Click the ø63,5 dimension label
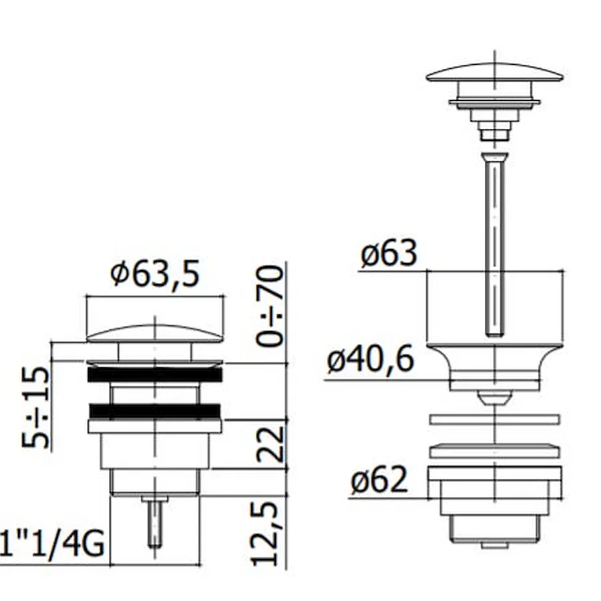pos(155,274)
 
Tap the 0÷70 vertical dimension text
pos(270,307)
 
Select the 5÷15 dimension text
pos(35,407)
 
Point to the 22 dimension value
pos(270,443)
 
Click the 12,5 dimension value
pos(264,534)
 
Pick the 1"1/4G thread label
pos(52,544)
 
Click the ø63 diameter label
pos(389,253)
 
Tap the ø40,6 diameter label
pos(371,359)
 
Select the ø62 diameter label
pos(379,480)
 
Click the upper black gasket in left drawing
pos(155,375)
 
